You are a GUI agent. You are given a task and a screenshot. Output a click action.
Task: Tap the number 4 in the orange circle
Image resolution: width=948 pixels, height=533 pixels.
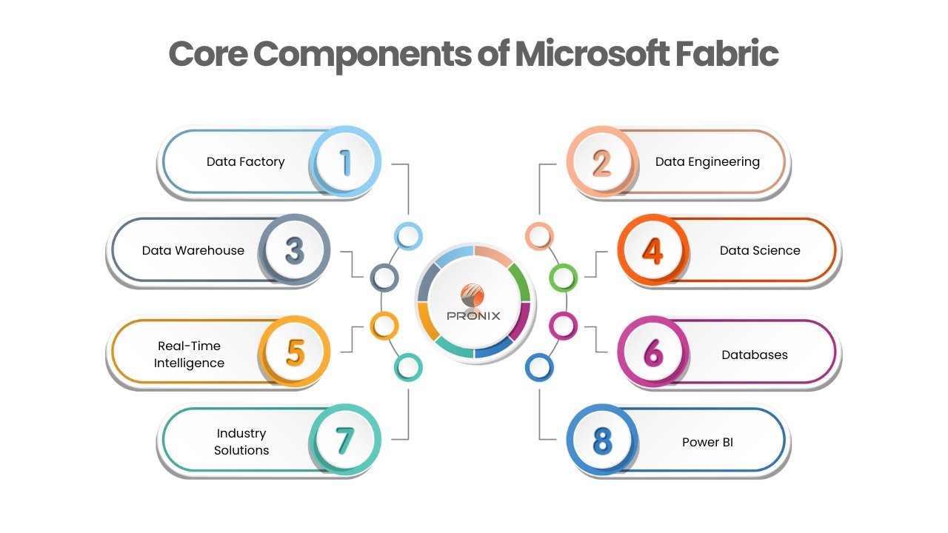coord(652,251)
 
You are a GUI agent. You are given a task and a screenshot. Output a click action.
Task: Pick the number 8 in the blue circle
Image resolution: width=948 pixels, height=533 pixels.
coord(603,442)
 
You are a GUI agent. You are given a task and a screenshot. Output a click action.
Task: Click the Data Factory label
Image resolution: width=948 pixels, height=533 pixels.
coord(245,162)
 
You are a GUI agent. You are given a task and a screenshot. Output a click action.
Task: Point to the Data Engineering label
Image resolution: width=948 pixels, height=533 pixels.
coord(707,162)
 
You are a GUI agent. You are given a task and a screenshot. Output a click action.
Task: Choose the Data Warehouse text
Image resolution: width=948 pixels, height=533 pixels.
coord(193,250)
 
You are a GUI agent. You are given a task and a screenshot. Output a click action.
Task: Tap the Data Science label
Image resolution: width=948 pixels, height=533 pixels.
coord(760,250)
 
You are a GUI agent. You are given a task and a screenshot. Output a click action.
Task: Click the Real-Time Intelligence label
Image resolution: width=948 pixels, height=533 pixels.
coord(189,355)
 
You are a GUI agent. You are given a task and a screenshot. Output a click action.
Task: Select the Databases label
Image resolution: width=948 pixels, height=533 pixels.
coord(755,355)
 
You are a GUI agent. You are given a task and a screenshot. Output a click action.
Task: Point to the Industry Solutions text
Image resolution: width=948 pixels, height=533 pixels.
coord(241,442)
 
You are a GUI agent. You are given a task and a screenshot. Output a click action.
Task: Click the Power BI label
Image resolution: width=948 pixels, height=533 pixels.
coord(707,443)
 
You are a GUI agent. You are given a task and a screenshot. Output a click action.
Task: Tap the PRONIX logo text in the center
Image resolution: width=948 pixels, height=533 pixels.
coord(474,315)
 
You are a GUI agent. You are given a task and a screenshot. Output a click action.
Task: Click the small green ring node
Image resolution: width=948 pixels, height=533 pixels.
coord(563,278)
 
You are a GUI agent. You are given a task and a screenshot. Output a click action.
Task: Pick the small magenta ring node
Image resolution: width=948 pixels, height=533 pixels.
coord(563,325)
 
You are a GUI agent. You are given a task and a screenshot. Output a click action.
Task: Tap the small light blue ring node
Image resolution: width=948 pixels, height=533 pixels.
coord(407,236)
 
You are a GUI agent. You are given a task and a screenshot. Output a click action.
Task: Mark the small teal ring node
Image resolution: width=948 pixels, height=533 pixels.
coord(407,366)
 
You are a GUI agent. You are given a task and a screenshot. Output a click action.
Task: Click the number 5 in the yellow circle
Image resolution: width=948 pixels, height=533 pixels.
coord(295,353)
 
